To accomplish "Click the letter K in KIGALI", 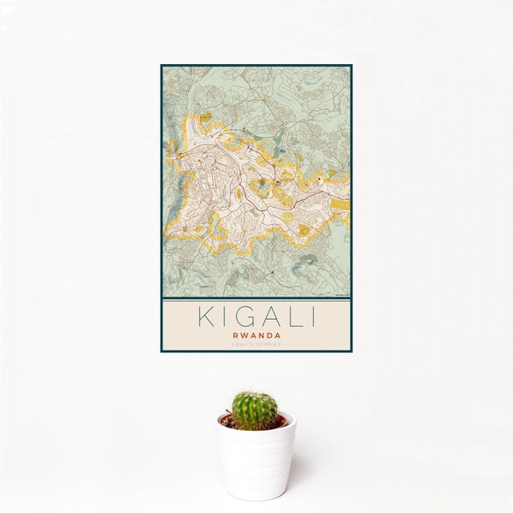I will coord(207,317).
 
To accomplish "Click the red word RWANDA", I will coord(256,335).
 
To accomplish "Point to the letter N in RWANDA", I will coord(260,335).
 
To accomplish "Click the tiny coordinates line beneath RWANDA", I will coord(256,344).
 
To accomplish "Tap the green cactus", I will coord(255,410).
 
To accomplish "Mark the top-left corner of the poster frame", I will coord(162,65).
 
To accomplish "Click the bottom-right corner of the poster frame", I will coord(351,351).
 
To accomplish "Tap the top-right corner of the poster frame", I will coord(351,65).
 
